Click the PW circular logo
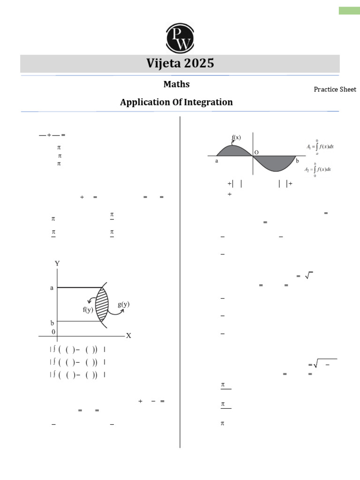click(x=180, y=38)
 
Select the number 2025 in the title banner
click(x=199, y=63)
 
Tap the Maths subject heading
click(x=176, y=84)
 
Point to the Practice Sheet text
click(x=335, y=90)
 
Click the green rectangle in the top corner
click(x=349, y=10)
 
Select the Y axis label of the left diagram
click(x=57, y=263)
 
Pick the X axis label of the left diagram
click(x=128, y=336)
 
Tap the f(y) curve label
click(x=88, y=309)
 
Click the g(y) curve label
click(x=124, y=304)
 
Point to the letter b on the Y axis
click(x=52, y=323)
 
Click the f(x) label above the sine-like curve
click(x=236, y=138)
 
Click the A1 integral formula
click(x=320, y=146)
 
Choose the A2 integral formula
click(x=318, y=169)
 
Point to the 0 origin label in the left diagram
click(x=53, y=331)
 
